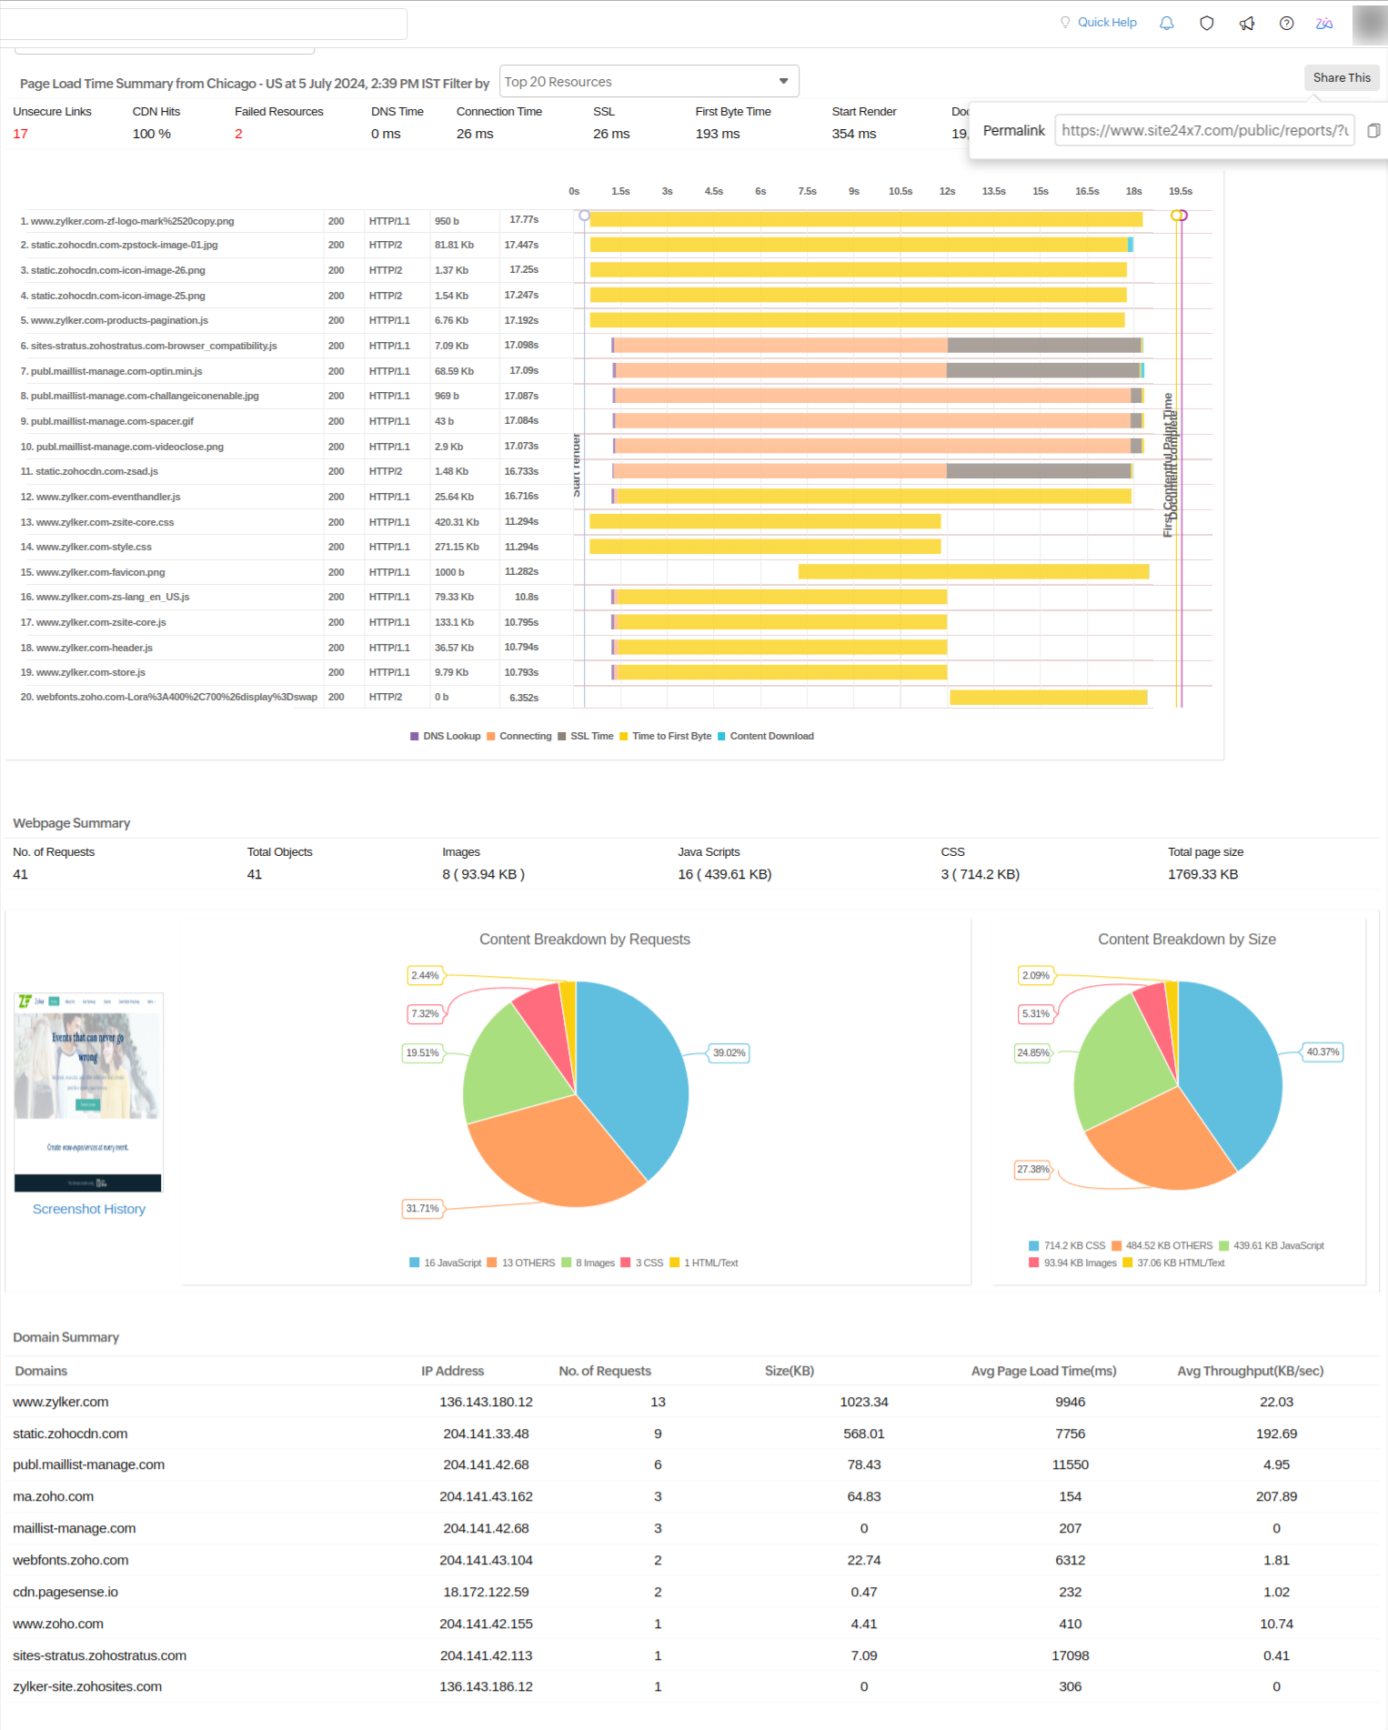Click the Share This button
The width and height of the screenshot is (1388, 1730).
[x=1341, y=78]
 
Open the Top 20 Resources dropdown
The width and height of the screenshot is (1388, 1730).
[x=649, y=82]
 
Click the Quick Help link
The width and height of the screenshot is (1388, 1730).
[x=1106, y=23]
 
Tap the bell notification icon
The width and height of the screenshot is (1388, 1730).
[x=1166, y=24]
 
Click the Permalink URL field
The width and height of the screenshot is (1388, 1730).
[x=1203, y=131]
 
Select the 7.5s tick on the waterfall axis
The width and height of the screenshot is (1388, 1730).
[x=807, y=192]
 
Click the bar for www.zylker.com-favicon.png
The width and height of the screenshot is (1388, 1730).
[x=972, y=572]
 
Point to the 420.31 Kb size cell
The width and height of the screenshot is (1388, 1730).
[x=456, y=522]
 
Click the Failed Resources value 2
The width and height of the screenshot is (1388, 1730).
[x=238, y=135]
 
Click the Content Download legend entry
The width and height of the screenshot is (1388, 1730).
[x=770, y=737]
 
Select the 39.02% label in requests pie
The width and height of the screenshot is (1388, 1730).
[x=729, y=1053]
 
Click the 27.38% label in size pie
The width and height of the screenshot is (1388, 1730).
[x=1032, y=1170]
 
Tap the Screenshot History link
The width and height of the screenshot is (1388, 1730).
[x=89, y=1210]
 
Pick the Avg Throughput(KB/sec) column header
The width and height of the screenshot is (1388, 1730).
[x=1250, y=1372]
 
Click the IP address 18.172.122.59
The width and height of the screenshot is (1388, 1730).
[x=486, y=1593]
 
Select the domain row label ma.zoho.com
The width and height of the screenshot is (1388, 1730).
[x=53, y=1497]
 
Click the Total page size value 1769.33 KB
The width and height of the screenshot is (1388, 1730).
[x=1202, y=875]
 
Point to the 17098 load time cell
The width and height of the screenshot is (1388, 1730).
[x=1070, y=1656]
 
